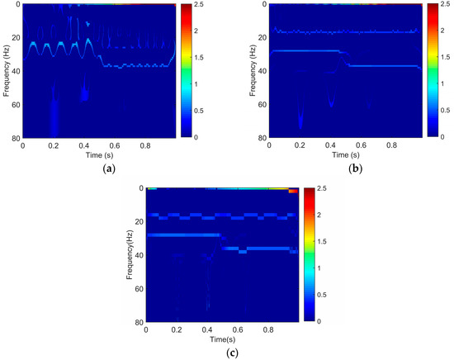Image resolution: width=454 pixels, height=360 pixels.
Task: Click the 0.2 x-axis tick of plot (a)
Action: (54, 145)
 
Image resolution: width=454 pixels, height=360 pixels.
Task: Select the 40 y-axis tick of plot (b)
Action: (262, 70)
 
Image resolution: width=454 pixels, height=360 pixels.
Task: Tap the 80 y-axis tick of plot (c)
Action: (138, 322)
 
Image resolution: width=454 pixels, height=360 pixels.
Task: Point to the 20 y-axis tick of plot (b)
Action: (262, 37)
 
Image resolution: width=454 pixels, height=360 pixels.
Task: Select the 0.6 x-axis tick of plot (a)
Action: (115, 145)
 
